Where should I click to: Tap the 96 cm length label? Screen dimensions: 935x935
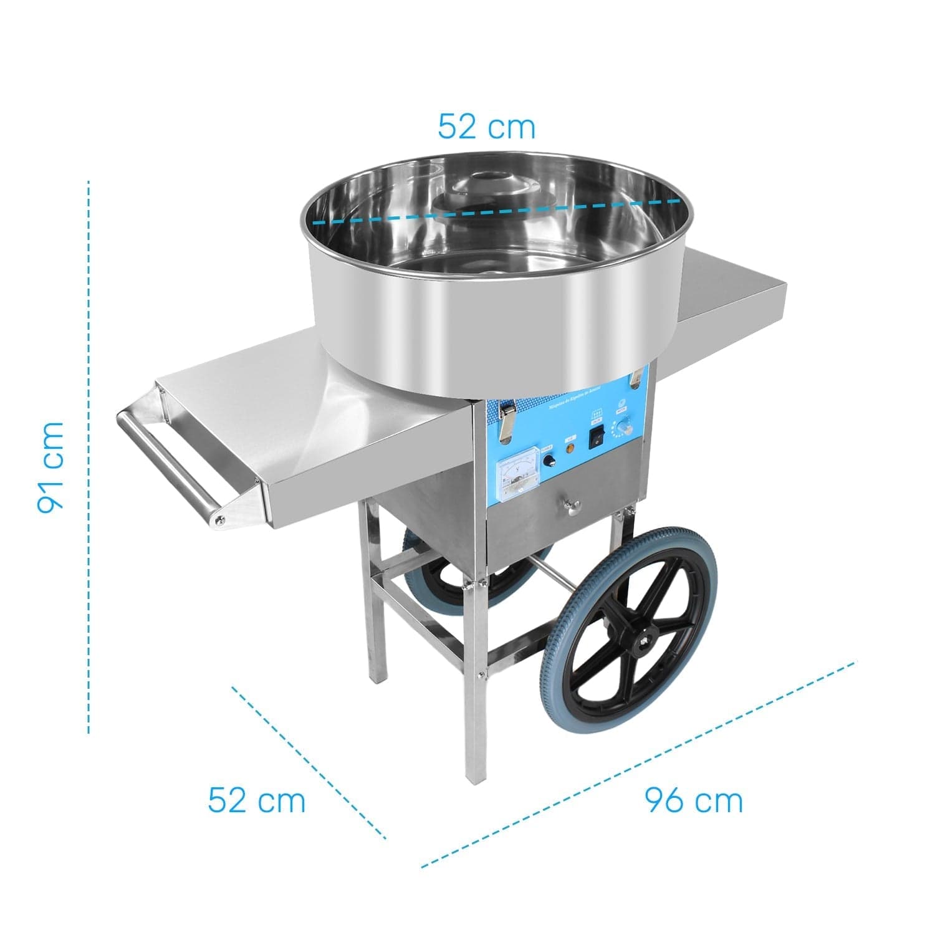693,800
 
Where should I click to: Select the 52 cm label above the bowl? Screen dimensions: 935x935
486,127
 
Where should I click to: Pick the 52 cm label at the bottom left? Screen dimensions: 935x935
257,800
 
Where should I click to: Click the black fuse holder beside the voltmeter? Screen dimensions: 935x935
549,461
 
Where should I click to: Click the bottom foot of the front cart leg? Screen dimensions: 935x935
474,776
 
